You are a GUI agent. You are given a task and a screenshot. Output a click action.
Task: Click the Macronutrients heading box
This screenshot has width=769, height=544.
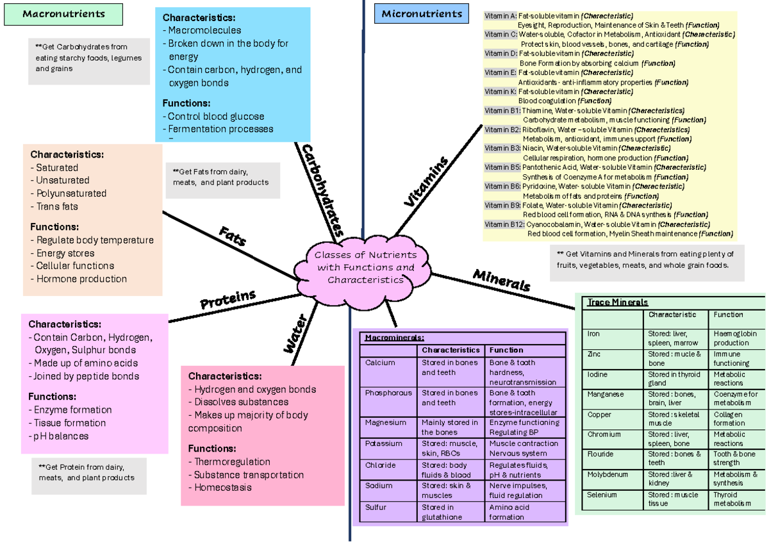click(x=63, y=14)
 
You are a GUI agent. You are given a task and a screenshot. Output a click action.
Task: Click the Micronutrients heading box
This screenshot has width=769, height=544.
click(x=421, y=14)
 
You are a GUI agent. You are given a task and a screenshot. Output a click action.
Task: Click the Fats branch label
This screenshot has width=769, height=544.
click(x=233, y=235)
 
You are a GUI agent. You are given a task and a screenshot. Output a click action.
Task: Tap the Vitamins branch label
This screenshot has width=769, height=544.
click(x=426, y=183)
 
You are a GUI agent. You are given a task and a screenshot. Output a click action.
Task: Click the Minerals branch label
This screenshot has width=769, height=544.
click(x=502, y=280)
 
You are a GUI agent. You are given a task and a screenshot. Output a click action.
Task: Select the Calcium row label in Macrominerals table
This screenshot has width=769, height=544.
click(x=380, y=363)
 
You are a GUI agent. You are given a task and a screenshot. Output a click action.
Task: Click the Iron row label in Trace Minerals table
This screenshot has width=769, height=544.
click(x=593, y=334)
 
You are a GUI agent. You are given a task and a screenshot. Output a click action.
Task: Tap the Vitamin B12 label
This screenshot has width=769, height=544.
click(x=504, y=225)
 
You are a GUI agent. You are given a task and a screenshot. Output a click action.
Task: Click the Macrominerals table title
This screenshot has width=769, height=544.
click(x=395, y=338)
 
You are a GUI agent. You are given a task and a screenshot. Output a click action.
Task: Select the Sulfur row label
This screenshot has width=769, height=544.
click(x=376, y=507)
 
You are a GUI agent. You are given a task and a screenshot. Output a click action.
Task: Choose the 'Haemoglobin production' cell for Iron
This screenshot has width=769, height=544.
click(x=735, y=338)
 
